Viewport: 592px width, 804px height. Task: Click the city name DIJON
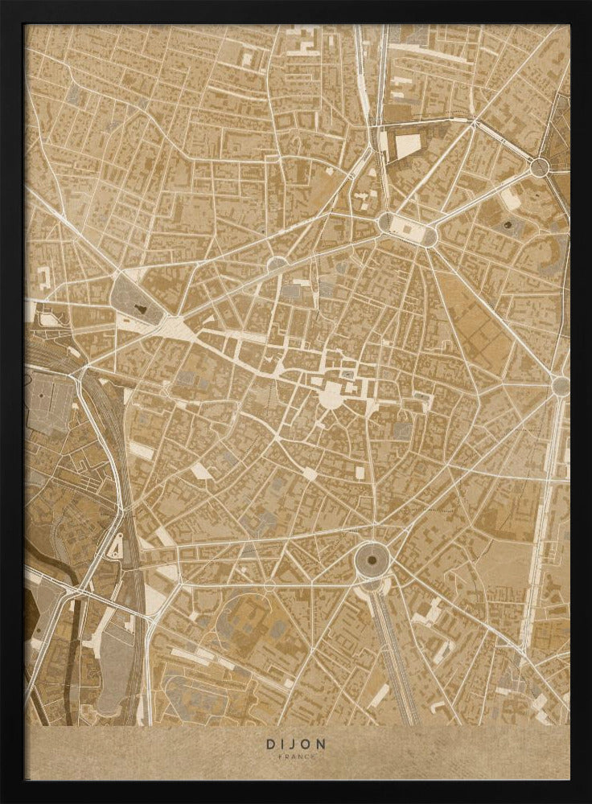point(296,744)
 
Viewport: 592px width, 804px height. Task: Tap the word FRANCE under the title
point(296,757)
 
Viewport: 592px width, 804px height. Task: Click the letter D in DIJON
point(271,744)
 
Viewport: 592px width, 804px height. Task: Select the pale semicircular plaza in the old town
point(331,395)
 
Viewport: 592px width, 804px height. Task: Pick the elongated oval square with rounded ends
point(407,229)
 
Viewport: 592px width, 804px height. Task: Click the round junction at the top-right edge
point(539,167)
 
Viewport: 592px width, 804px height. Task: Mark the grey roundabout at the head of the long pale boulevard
point(561,386)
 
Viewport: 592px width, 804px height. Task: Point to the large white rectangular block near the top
point(408,145)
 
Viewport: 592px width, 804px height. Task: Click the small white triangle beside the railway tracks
point(117,548)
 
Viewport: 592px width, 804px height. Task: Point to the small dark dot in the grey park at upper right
point(508,225)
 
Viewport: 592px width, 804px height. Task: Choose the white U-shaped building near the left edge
point(44,277)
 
